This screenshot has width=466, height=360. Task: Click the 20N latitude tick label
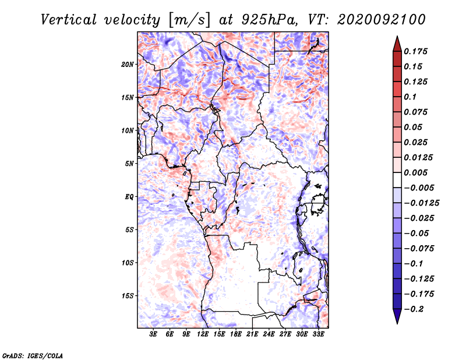pyautogui.click(x=128, y=65)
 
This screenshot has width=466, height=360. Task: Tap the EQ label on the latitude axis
pyautogui.click(x=129, y=197)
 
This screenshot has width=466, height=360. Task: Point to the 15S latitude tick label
pyautogui.click(x=128, y=296)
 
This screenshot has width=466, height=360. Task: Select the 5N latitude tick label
pyautogui.click(x=129, y=164)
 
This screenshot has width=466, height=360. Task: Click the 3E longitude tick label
pyautogui.click(x=153, y=334)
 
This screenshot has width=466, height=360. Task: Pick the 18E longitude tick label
pyautogui.click(x=236, y=334)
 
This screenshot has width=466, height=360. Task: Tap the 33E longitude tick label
pyautogui.click(x=318, y=334)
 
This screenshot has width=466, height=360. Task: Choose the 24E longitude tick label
pyautogui.click(x=269, y=334)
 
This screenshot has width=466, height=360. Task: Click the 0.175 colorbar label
pyautogui.click(x=415, y=51)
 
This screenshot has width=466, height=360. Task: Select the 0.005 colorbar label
pyautogui.click(x=415, y=172)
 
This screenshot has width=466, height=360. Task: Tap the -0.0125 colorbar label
pyautogui.click(x=421, y=203)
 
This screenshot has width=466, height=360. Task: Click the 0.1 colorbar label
pyautogui.click(x=410, y=97)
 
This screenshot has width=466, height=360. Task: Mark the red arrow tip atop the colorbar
pyautogui.click(x=397, y=36)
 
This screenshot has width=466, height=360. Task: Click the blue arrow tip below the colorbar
pyautogui.click(x=397, y=323)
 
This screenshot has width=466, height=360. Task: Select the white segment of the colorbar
pyautogui.click(x=397, y=180)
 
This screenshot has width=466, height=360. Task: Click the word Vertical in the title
pyautogui.click(x=69, y=20)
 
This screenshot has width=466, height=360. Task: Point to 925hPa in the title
pyautogui.click(x=269, y=20)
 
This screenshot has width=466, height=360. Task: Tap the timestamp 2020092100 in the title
pyautogui.click(x=382, y=20)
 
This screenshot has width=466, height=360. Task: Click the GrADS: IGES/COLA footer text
pyautogui.click(x=33, y=355)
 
